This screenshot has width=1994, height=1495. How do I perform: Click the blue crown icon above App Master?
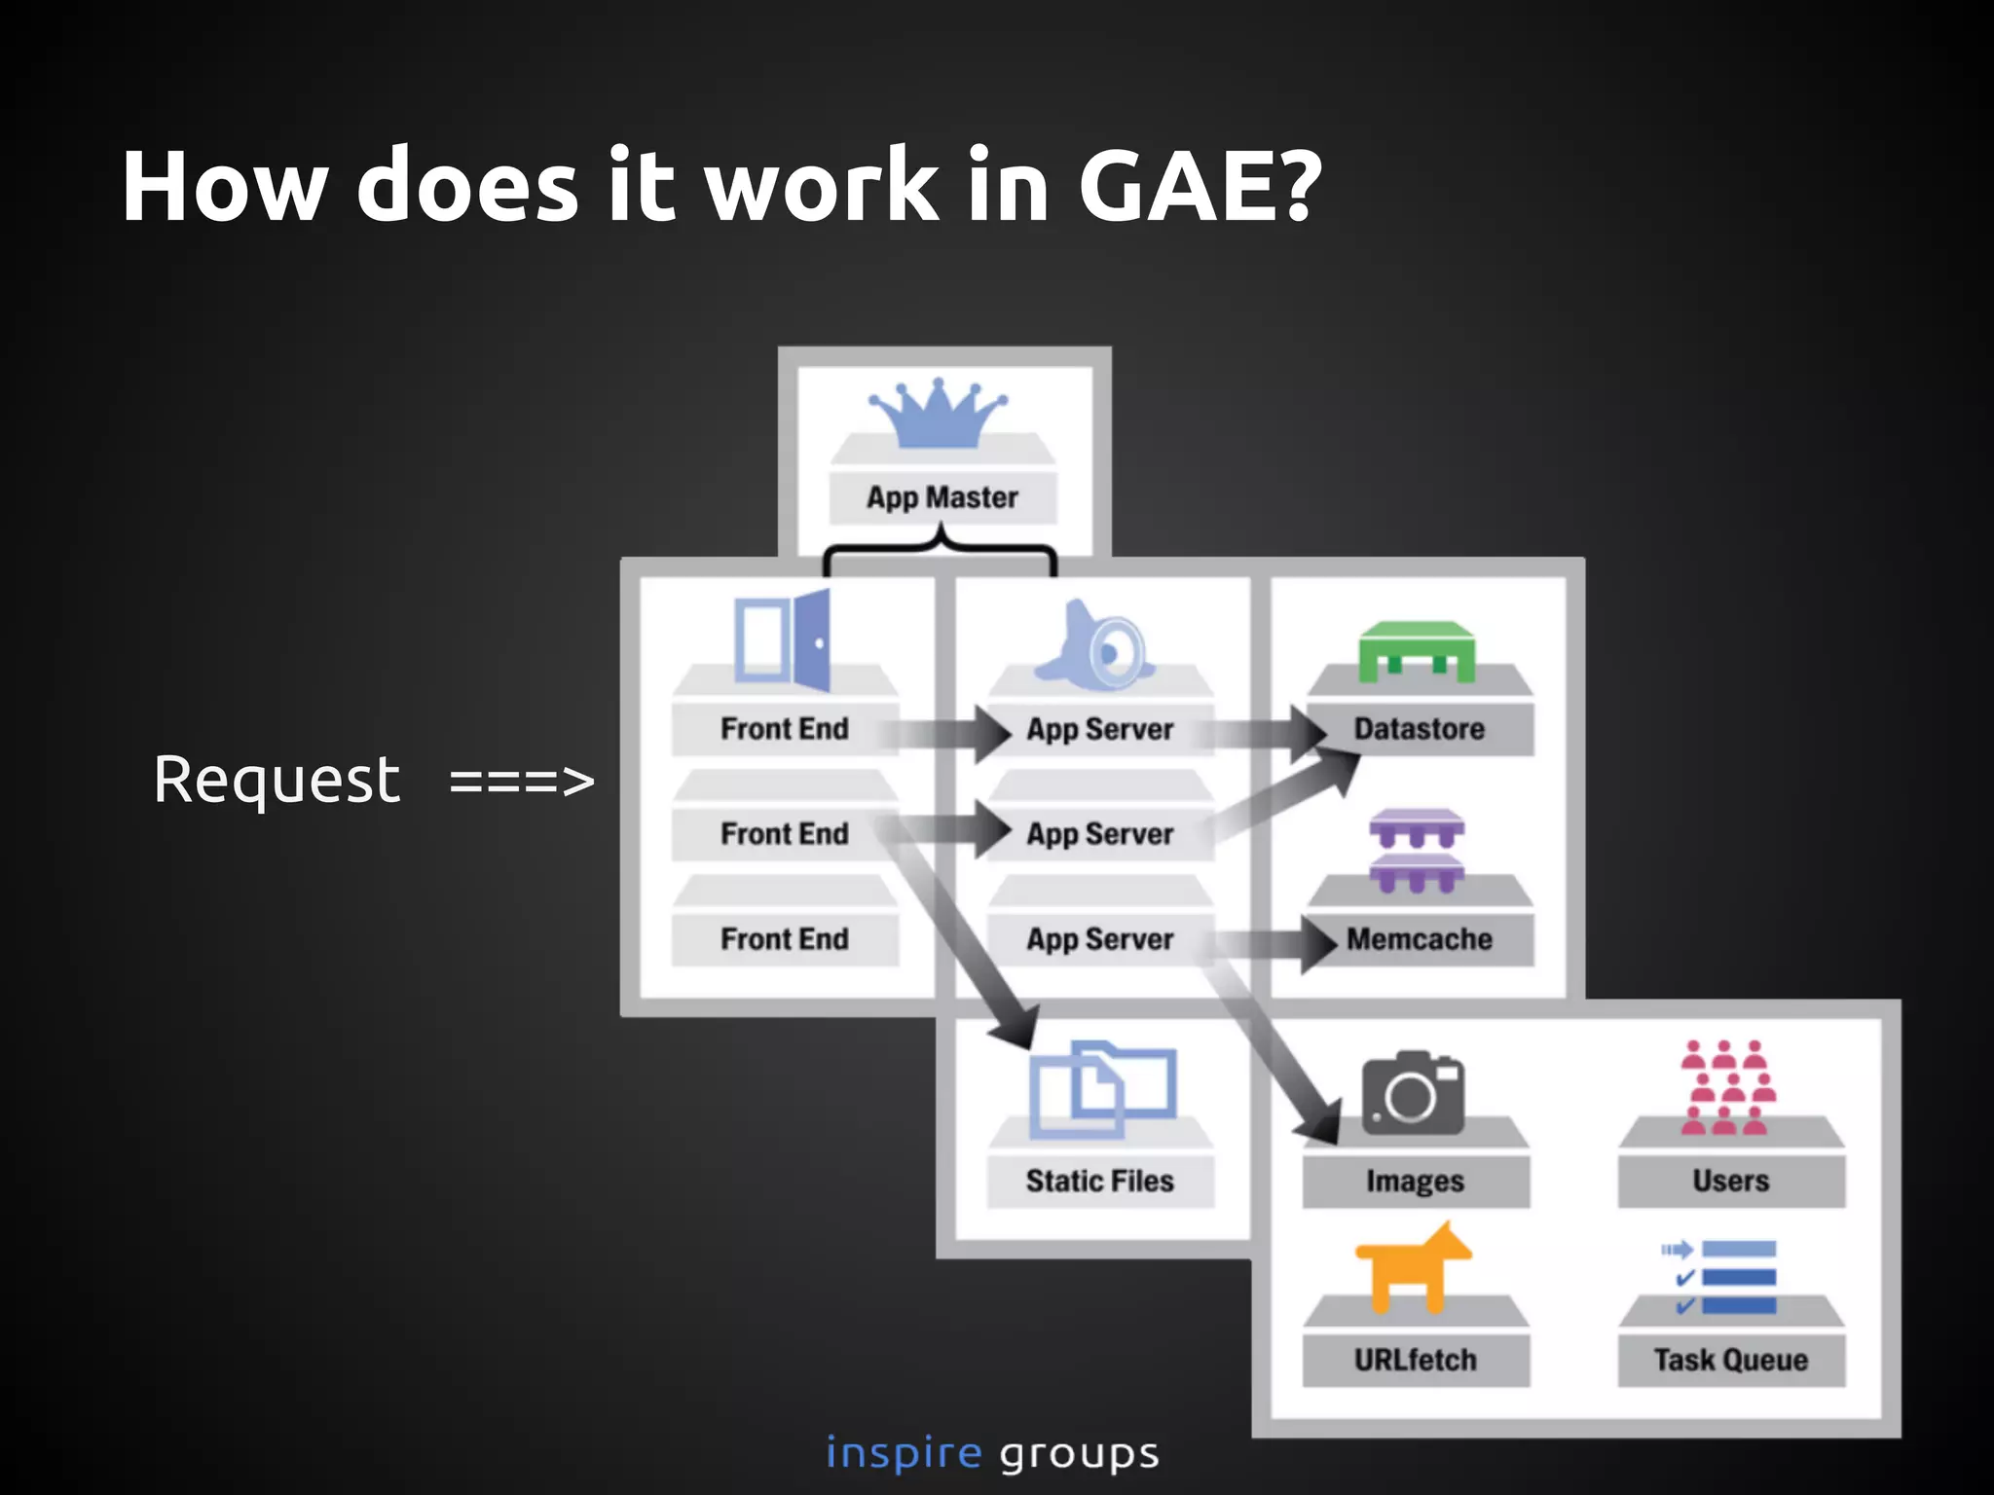click(939, 413)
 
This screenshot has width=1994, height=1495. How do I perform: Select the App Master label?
click(942, 497)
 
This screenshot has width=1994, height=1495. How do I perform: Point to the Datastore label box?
click(1419, 729)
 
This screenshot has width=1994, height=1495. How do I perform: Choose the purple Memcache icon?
click(1417, 850)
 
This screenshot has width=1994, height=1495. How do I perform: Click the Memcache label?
click(1419, 939)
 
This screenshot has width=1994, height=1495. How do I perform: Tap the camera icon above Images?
click(1413, 1092)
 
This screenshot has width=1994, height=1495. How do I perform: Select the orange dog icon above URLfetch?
click(1413, 1265)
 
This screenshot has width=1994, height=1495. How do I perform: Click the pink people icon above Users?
click(1728, 1087)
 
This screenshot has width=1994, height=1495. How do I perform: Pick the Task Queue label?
click(1730, 1360)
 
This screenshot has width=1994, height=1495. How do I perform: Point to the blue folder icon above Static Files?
click(1102, 1089)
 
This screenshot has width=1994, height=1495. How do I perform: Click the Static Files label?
click(1100, 1181)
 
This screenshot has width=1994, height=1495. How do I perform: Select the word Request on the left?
click(277, 780)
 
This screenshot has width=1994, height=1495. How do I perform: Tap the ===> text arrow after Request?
click(522, 782)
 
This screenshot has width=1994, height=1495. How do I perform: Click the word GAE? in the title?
click(1200, 186)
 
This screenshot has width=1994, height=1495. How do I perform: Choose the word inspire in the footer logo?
click(904, 1453)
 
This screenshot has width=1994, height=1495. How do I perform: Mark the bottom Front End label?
click(785, 939)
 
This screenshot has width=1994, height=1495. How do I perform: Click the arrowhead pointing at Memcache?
click(1318, 942)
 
